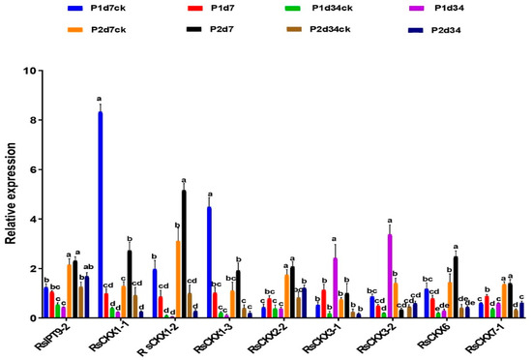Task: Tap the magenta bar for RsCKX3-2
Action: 389,276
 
